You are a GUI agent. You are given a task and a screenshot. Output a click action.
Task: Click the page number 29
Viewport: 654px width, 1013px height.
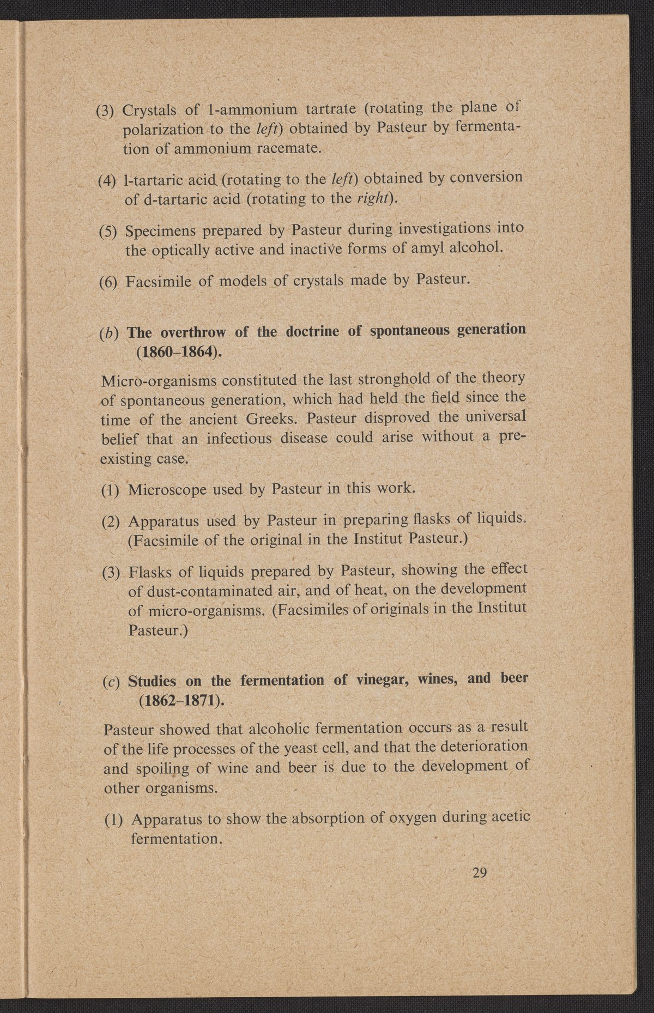coord(480,873)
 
